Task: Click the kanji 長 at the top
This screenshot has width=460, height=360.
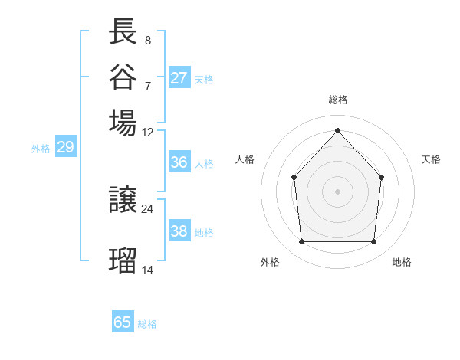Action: point(123,31)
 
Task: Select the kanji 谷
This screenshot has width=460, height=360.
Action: point(123,77)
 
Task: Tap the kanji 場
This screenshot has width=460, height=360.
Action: point(123,123)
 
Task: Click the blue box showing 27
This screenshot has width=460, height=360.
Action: point(179,78)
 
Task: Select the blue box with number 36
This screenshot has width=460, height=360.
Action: point(179,162)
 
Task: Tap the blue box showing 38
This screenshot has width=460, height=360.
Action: point(179,231)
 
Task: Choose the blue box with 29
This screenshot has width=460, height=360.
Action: point(65,148)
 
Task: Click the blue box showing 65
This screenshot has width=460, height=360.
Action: point(123,322)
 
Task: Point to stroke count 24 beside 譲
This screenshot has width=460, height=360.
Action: point(148,208)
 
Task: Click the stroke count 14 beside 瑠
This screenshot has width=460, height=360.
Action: point(148,270)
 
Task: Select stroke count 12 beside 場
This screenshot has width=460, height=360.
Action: point(148,132)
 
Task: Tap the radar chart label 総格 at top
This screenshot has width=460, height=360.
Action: point(337,100)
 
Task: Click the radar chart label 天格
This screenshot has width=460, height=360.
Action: point(432,159)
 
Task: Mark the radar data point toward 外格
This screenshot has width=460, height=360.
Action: point(301,242)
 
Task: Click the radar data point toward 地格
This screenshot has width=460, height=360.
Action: point(373,242)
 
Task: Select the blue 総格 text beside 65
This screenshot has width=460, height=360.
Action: point(147,324)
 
